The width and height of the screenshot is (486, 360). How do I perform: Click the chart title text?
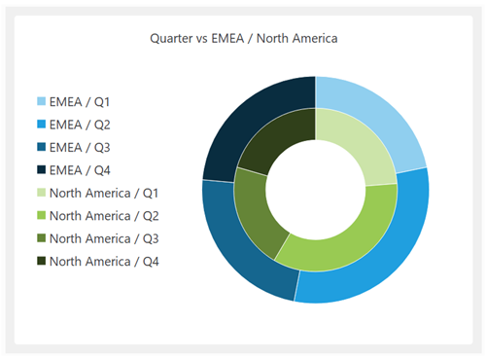[242, 39]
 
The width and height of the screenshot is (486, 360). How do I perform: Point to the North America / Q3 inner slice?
[257, 209]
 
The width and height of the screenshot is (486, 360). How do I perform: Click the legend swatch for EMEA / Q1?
[42, 102]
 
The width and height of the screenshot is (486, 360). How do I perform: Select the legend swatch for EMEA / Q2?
[42, 125]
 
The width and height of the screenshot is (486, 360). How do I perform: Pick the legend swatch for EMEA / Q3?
[42, 148]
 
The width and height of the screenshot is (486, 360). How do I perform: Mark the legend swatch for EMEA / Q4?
[42, 170]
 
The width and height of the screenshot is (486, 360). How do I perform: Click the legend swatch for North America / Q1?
[42, 193]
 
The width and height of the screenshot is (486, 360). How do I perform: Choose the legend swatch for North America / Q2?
[42, 216]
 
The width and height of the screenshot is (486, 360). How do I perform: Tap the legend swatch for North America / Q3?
[42, 238]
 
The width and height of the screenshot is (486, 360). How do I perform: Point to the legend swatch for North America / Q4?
[42, 261]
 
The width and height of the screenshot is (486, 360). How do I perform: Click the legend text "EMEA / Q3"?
[82, 148]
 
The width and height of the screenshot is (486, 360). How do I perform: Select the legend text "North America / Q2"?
[104, 216]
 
